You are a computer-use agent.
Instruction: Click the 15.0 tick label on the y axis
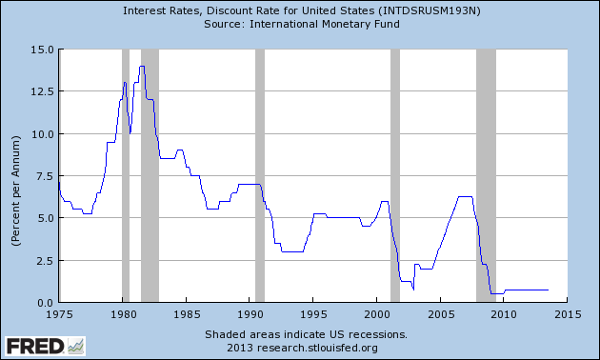42,50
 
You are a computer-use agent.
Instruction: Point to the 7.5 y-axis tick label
45,176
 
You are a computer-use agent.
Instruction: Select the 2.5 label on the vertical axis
45,261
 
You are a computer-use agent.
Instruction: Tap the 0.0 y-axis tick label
45,304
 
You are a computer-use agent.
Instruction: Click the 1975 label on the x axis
59,314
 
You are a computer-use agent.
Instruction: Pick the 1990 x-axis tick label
250,314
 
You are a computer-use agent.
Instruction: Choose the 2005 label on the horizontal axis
441,314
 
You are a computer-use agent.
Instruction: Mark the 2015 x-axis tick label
568,314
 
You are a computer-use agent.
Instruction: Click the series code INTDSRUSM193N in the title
429,10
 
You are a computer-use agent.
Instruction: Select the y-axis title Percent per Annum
15,190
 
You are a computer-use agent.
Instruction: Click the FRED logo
45,347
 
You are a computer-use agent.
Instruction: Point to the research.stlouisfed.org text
317,349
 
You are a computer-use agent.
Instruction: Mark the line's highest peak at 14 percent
142,66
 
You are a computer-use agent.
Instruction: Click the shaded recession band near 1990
260,175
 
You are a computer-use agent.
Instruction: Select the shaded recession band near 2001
395,175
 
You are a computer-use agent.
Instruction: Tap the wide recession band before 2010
486,175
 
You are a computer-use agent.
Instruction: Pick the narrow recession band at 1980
126,175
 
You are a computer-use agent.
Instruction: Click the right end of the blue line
548,290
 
